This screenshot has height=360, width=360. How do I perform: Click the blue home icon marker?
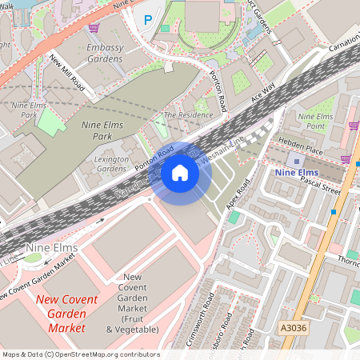[180, 173]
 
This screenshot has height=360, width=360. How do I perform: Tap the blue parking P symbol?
[146, 19]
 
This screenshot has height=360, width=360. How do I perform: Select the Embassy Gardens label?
[104, 54]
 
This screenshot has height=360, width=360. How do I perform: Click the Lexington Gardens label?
[112, 164]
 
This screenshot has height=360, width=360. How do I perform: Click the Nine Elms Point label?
[316, 121]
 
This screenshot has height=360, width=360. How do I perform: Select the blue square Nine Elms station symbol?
[297, 160]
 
